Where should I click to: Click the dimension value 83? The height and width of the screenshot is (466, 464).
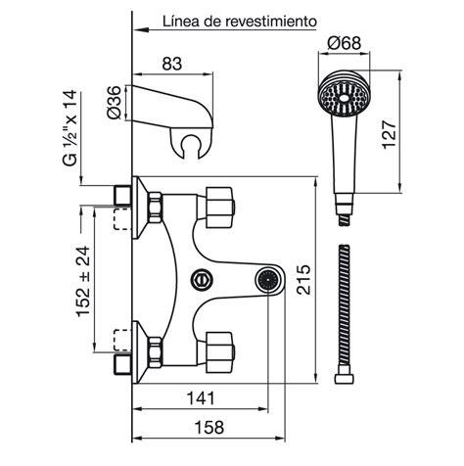(172, 64)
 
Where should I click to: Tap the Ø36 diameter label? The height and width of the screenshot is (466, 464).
(114, 103)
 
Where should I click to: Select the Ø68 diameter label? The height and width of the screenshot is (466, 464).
(345, 43)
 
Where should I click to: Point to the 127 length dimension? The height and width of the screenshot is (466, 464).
(390, 134)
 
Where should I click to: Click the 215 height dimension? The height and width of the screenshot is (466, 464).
(303, 280)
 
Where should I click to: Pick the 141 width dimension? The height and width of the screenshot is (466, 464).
(201, 398)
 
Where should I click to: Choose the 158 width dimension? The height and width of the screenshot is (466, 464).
(209, 427)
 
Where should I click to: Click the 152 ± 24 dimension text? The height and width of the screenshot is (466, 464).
(83, 281)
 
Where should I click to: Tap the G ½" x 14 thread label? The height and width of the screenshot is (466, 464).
(70, 128)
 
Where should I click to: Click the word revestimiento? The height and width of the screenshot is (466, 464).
(271, 22)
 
